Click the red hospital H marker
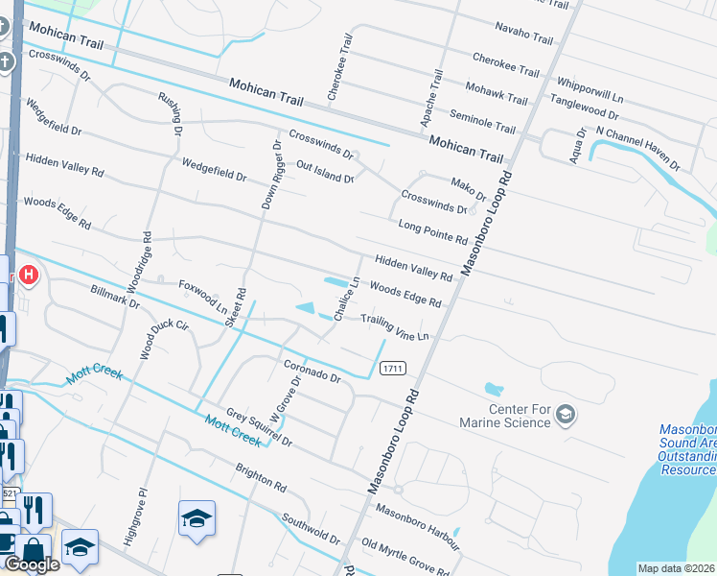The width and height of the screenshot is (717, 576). (x=29, y=276)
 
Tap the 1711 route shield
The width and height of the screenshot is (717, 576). (x=392, y=368)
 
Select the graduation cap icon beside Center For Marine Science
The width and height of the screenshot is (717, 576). (x=566, y=414)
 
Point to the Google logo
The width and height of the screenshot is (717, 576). (x=31, y=564)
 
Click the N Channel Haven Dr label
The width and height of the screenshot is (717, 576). (x=637, y=147)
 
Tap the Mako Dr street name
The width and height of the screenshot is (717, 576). (x=469, y=187)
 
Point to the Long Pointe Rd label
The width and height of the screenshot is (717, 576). (x=431, y=231)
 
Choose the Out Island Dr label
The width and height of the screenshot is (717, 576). (x=325, y=172)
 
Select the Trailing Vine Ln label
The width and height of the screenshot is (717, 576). (x=393, y=327)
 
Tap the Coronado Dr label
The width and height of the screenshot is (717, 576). (x=312, y=371)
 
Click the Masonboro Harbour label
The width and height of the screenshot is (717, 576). (x=417, y=525)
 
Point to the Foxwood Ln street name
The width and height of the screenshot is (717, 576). (x=203, y=297)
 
